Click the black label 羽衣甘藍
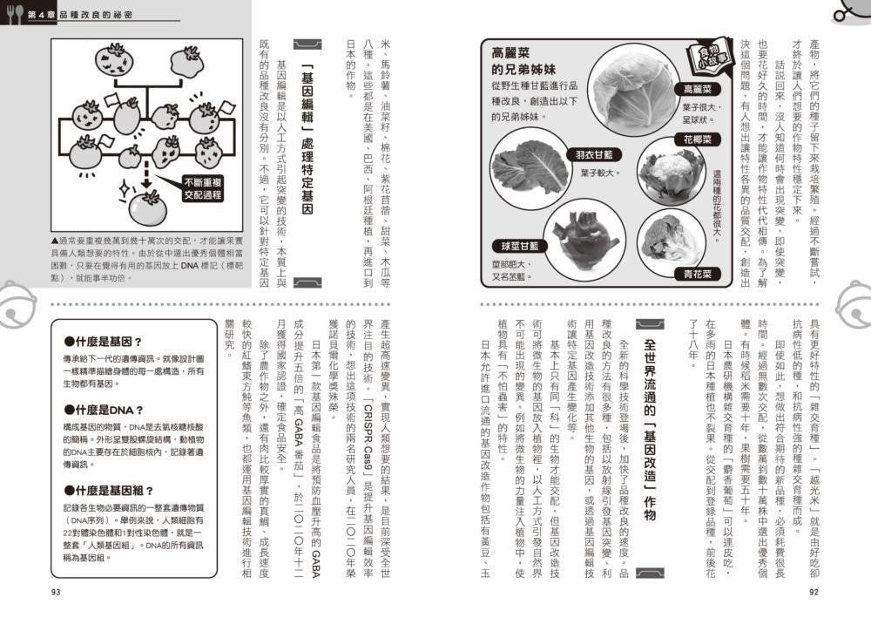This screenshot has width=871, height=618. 595,154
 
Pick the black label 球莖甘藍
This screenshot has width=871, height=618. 520,246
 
